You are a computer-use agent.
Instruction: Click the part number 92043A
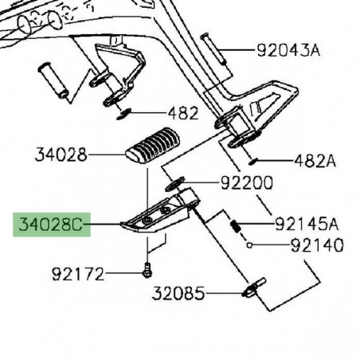[288, 52]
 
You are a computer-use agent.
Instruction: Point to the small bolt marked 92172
[147, 271]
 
